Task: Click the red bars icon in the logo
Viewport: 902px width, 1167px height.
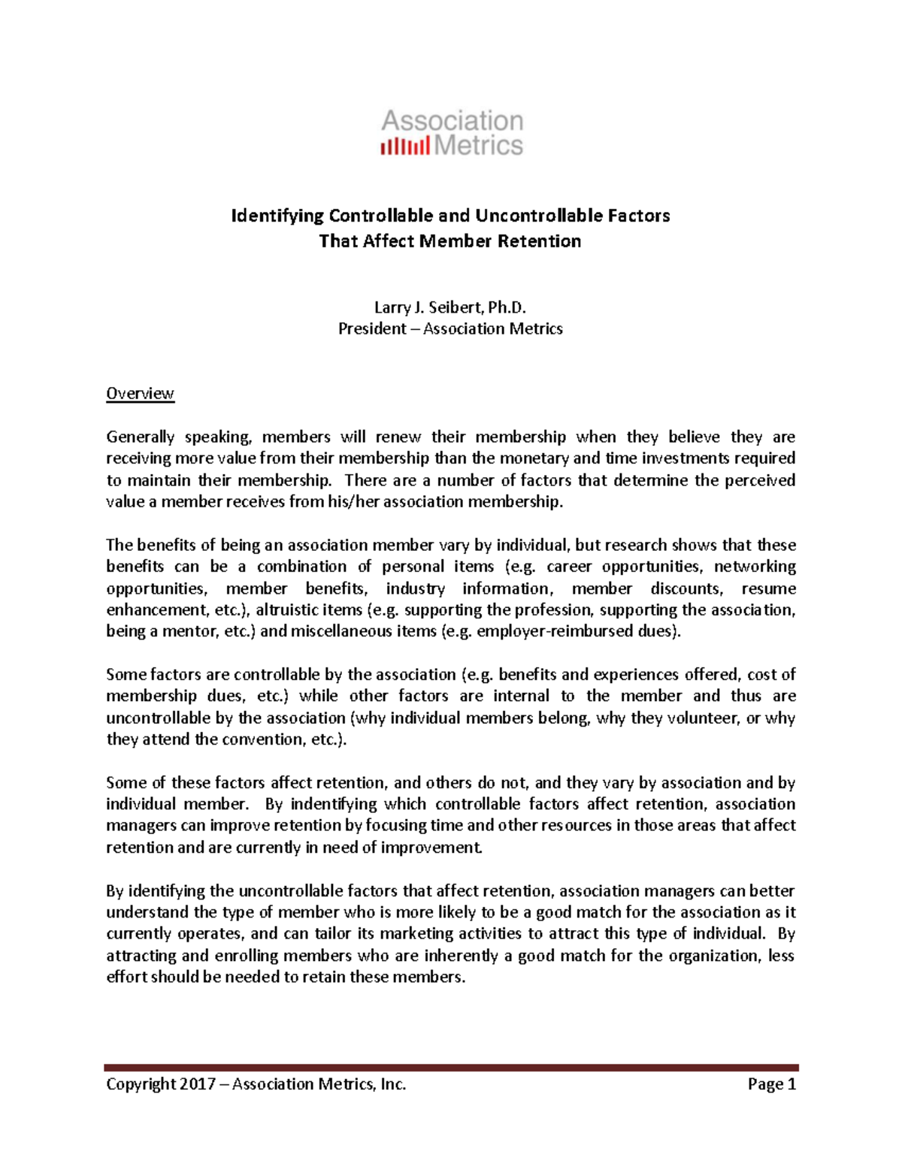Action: click(405, 145)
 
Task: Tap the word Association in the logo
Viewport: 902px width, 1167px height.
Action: click(452, 120)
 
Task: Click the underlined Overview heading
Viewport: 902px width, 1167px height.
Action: click(140, 394)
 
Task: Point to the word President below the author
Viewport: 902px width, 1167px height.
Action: click(372, 329)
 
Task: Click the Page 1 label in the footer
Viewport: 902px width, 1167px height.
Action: click(771, 1084)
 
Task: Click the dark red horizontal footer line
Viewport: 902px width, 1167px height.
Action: click(451, 1067)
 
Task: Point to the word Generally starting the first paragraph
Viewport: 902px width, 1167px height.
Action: click(140, 437)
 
